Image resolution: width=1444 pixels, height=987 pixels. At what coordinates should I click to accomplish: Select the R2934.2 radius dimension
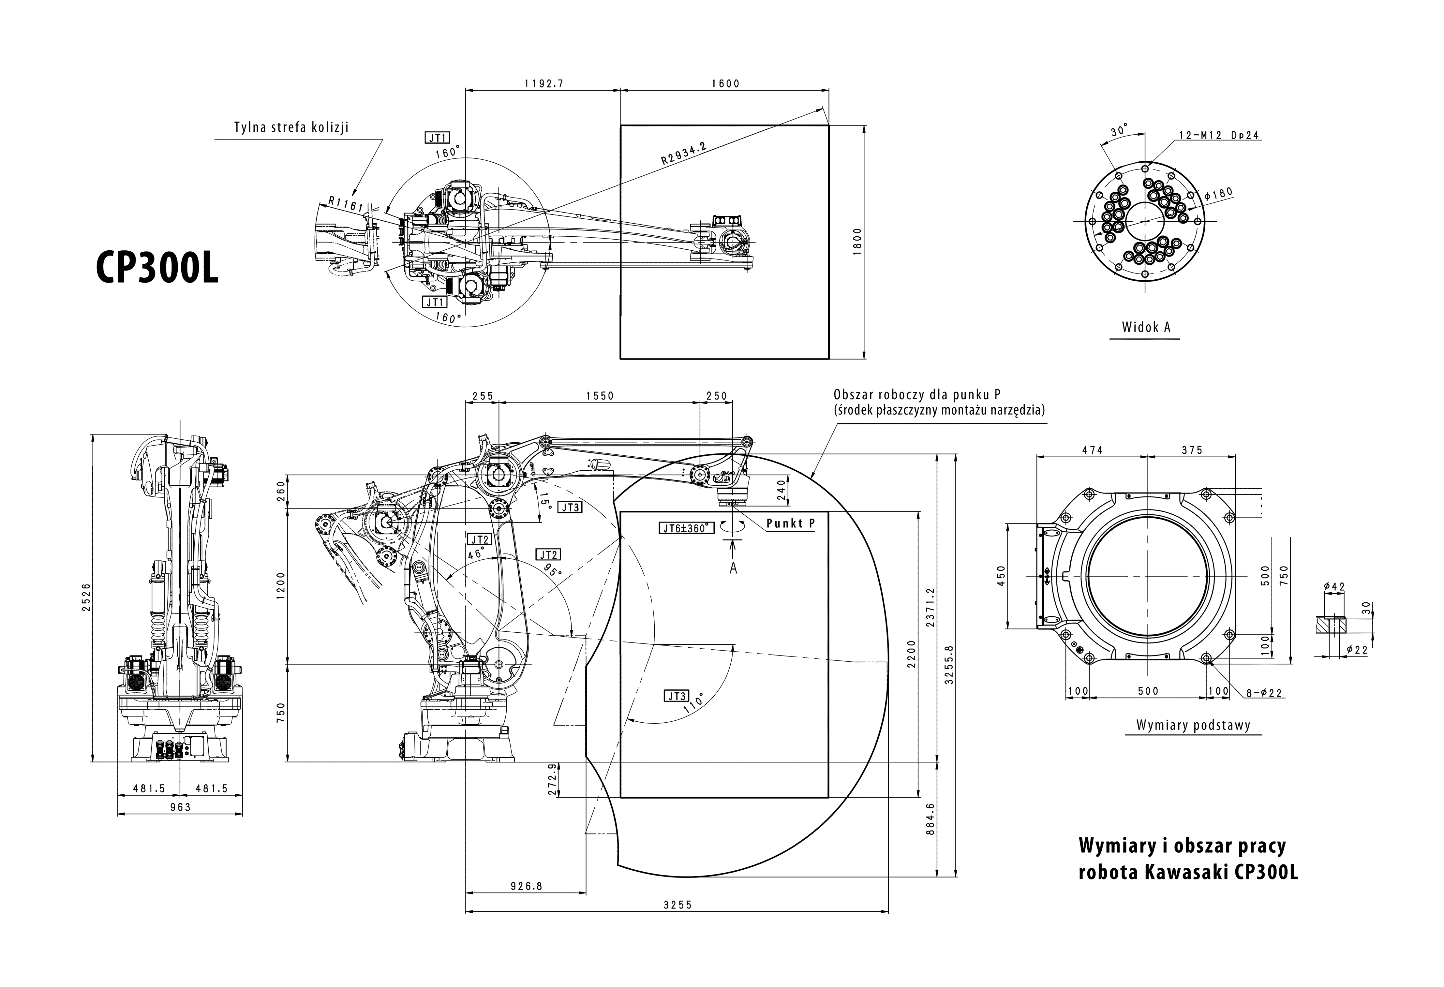pyautogui.click(x=683, y=152)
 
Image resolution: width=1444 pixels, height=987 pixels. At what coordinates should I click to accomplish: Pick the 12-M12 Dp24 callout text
pyautogui.click(x=1219, y=135)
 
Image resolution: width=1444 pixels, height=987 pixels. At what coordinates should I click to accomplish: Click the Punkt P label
pyautogui.click(x=790, y=523)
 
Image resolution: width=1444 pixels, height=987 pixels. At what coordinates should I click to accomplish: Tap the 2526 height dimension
pyautogui.click(x=86, y=596)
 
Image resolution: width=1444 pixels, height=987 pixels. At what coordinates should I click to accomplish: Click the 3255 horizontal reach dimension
pyautogui.click(x=677, y=905)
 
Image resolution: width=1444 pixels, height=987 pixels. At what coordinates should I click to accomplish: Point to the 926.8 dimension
pyautogui.click(x=526, y=886)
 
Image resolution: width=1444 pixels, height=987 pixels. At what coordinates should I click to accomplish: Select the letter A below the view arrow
pyautogui.click(x=733, y=568)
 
